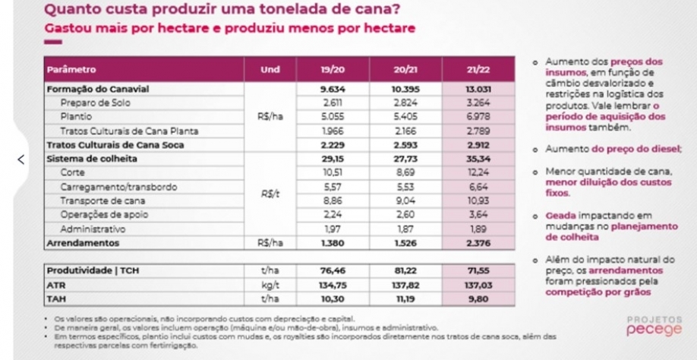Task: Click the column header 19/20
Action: (330, 71)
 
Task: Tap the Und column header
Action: (270, 71)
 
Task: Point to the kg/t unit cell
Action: (270, 286)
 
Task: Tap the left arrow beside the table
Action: (21, 159)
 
